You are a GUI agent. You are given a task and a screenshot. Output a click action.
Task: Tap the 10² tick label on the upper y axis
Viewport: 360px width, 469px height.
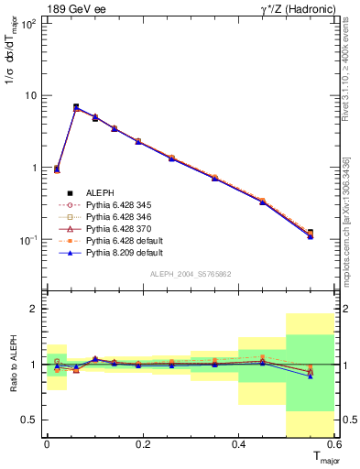click(27, 24)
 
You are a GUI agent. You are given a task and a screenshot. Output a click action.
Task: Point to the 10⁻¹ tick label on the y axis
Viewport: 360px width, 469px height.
click(27, 240)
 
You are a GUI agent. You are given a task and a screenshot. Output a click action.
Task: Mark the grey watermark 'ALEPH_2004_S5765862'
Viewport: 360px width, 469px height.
click(191, 275)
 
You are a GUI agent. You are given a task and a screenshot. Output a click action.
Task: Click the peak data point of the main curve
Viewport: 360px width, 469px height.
click(76, 107)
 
